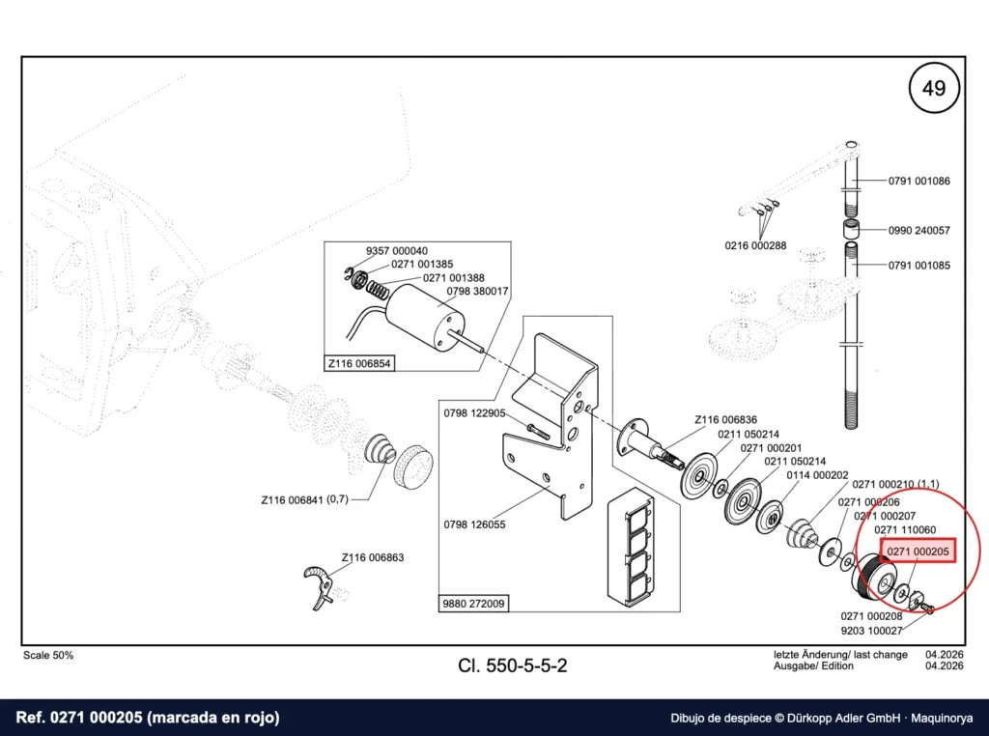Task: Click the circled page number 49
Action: coord(934,88)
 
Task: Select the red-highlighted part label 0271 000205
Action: coord(918,552)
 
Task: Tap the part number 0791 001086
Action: coord(919,181)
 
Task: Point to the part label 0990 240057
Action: coord(919,231)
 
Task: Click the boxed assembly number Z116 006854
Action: coord(359,364)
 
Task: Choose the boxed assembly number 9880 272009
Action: coord(473,604)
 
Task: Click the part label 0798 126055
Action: coord(474,524)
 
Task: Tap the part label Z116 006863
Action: coord(373,557)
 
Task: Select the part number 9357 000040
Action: coord(397,251)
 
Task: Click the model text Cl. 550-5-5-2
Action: coord(513,665)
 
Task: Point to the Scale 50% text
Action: coord(48,655)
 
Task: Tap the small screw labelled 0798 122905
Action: coord(537,432)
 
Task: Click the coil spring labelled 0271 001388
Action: coord(378,290)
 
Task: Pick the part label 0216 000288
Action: coord(755,246)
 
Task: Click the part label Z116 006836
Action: coord(726,420)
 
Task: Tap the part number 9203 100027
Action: coord(872,631)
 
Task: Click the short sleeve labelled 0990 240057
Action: coord(852,228)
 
